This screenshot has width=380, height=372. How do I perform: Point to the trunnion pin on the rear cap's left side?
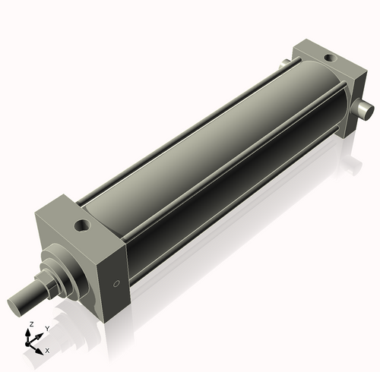point(283,65)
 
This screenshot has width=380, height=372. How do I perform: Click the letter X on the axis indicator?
point(47,351)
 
